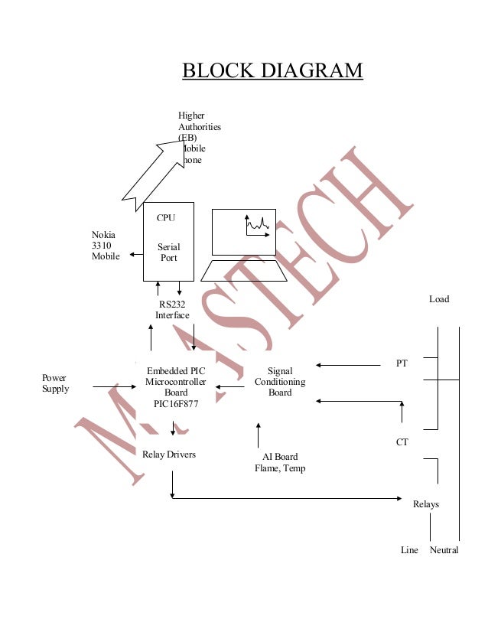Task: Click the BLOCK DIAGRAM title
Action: tap(272, 71)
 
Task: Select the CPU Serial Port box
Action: tap(168, 241)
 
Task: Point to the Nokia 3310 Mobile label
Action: tap(106, 246)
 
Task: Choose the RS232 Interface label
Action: tap(172, 309)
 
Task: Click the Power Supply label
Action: tap(55, 383)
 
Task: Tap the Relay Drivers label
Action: tap(169, 454)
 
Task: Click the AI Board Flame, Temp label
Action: tap(280, 463)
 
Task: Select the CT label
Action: tap(402, 442)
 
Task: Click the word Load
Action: tap(439, 299)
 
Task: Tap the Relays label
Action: tap(426, 504)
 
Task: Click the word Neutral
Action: tap(444, 550)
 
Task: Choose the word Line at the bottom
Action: tap(409, 550)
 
